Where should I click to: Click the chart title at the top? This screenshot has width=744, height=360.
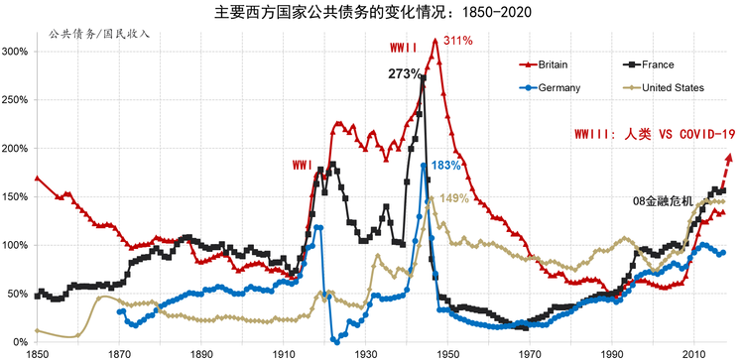point(372,12)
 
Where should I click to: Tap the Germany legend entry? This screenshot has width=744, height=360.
point(551,87)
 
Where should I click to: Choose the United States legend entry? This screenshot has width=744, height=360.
point(664,87)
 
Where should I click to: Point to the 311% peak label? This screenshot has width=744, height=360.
point(458,41)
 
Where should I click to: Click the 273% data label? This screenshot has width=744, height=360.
point(405,74)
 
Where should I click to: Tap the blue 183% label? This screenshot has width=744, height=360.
point(446,166)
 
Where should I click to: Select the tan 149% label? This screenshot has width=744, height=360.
point(454,198)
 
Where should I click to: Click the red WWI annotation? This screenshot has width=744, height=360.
point(302,165)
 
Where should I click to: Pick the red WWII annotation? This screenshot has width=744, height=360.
point(404,48)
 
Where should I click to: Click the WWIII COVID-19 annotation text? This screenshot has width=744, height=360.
point(655,134)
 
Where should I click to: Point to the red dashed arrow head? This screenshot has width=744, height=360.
point(730,158)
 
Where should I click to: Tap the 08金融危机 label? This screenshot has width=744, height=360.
point(660,201)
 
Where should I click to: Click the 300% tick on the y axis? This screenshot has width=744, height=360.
point(18,52)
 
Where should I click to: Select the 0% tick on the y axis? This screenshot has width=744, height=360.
point(22,342)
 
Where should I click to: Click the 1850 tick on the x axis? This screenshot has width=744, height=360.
point(37,354)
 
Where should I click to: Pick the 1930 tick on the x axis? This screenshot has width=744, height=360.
point(365,354)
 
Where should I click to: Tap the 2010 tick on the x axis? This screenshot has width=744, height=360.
point(694,354)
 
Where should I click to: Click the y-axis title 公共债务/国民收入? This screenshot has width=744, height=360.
point(99,34)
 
